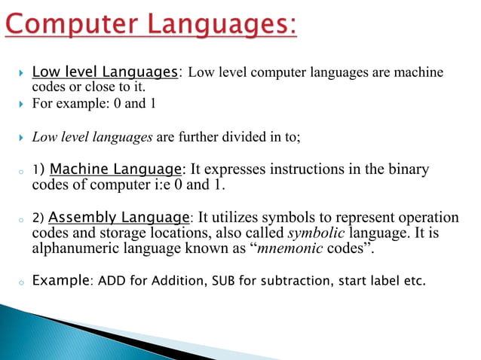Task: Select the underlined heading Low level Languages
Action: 105,72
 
